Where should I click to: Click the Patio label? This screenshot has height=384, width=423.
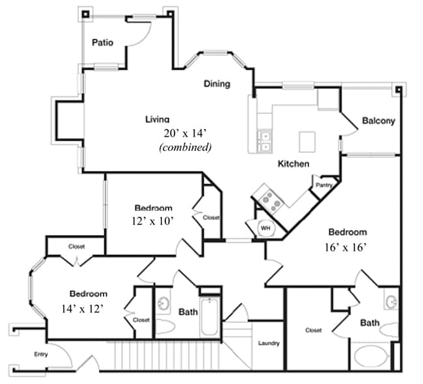[x=103, y=42]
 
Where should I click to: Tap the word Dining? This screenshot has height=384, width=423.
[x=217, y=84]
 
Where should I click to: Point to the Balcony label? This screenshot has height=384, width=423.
[x=379, y=120]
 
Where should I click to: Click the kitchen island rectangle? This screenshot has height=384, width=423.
[x=307, y=142]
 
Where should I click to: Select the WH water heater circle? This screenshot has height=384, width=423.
[x=266, y=228]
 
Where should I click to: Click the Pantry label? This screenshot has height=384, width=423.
[x=324, y=185]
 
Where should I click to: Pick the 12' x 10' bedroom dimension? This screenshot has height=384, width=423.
[x=152, y=221]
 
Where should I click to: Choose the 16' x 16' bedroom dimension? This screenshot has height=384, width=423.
[x=346, y=247]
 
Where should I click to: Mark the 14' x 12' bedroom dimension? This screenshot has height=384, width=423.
[x=83, y=309]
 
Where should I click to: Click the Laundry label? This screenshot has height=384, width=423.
[x=269, y=343]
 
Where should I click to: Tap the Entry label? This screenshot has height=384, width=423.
[x=41, y=354]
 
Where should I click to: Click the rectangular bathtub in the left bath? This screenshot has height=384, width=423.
[x=209, y=316]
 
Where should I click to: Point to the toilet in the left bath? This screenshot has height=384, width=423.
[x=165, y=327]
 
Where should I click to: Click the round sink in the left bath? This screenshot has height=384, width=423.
[x=163, y=303]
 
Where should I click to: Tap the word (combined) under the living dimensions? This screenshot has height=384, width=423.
[x=185, y=147]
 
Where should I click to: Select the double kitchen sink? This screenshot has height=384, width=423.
[x=264, y=141]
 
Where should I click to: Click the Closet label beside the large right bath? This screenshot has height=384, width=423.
[x=314, y=330]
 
